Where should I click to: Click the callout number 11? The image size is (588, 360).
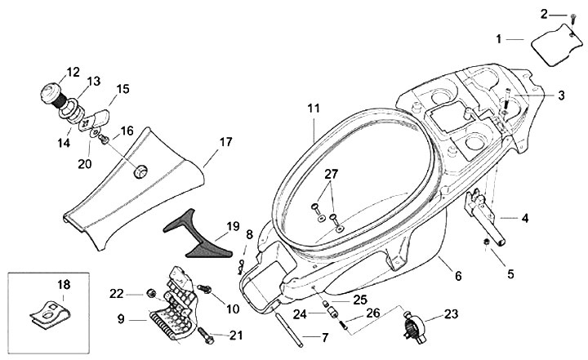[314, 109]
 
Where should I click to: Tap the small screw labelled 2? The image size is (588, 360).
[572, 19]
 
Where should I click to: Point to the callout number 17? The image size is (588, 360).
[225, 142]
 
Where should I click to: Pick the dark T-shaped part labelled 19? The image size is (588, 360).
[197, 234]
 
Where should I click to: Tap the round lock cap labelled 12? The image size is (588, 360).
[51, 93]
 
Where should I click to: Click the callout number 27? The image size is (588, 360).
[331, 174]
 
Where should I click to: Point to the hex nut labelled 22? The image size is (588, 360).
[152, 293]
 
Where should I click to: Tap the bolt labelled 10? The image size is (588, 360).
[204, 288]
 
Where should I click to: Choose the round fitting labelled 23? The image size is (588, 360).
[414, 325]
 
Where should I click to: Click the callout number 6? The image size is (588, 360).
[458, 276]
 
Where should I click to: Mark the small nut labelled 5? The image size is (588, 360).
[487, 242]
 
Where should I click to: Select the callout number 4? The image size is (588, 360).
[525, 218]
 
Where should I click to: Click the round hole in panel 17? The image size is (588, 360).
[140, 171]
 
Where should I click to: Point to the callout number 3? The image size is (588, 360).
[560, 96]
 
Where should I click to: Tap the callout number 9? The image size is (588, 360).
[120, 319]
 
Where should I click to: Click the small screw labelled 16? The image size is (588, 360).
[103, 139]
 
